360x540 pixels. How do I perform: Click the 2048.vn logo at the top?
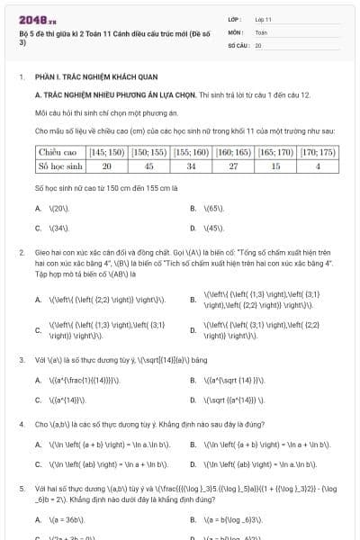click(x=33, y=19)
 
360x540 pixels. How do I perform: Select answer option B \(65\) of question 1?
click(x=211, y=208)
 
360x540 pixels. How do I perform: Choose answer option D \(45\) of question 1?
click(x=212, y=229)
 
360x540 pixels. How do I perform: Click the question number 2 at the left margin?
click(x=21, y=255)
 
